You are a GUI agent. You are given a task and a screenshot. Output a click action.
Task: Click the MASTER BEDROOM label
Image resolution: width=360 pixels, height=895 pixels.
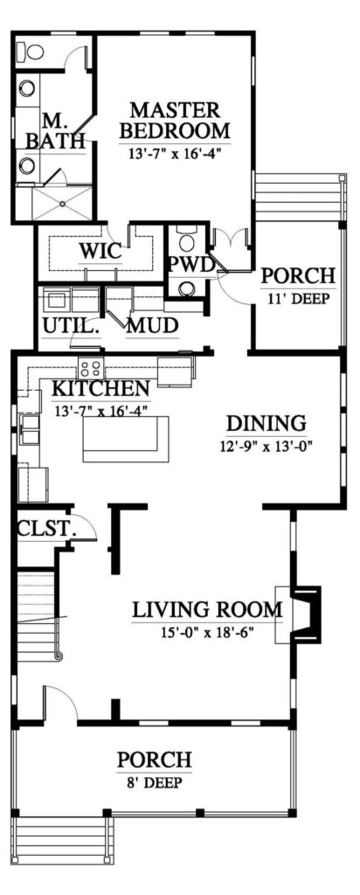coord(174,121)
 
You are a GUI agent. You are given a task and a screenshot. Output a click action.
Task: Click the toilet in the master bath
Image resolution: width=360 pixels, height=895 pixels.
coord(34,52)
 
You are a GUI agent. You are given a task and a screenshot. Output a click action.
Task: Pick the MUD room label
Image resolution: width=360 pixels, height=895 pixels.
coord(152,326)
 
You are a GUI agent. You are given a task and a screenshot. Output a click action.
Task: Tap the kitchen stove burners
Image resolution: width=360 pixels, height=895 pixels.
coord(91,367)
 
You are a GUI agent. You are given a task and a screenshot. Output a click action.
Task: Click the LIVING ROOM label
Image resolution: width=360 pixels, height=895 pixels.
coord(207,609)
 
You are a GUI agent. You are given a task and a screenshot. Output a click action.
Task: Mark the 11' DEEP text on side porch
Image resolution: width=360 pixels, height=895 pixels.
coord(297,298)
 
